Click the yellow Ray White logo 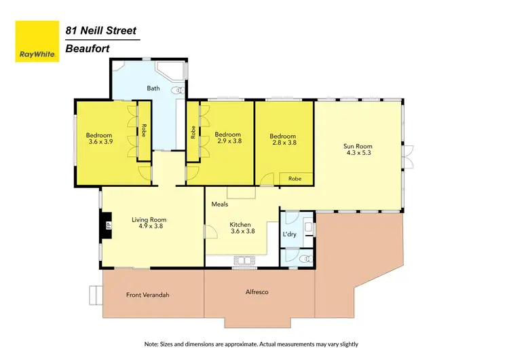tap(36, 41)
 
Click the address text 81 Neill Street tap(101, 31)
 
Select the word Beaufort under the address tap(88, 48)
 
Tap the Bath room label tap(153, 88)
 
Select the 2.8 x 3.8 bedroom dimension tap(282, 143)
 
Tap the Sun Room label tap(358, 146)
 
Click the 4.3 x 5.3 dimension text tap(358, 153)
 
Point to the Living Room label tap(149, 220)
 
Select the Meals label tap(219, 204)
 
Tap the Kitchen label tap(240, 225)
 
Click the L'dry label tap(288, 235)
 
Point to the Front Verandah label tap(147, 295)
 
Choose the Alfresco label tap(257, 292)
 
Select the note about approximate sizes tap(251, 344)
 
